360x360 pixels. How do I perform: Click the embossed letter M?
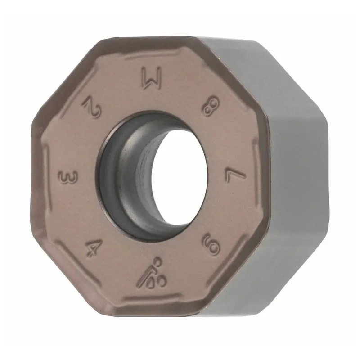[x=152, y=78]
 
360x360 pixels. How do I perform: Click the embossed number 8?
[x=211, y=107]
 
